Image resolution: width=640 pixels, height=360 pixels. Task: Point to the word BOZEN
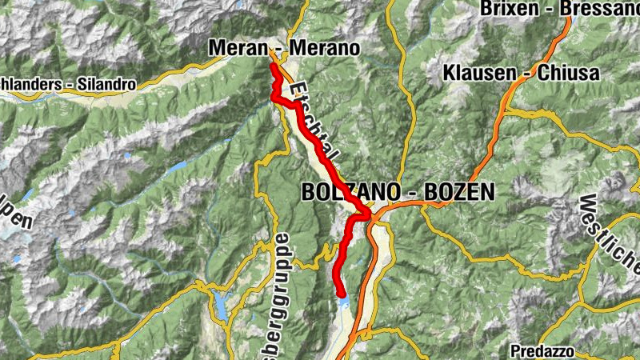tap(458, 193)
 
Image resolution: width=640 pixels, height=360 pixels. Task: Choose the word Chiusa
tap(571, 74)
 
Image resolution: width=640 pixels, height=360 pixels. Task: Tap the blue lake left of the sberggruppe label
tap(220, 302)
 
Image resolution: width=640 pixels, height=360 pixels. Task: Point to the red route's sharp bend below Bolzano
tap(367, 214)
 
